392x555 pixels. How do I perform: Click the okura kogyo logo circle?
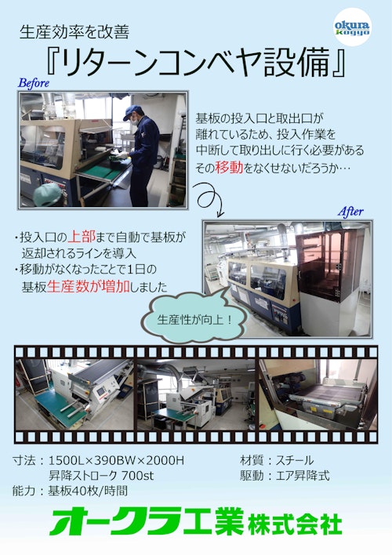tap(352, 27)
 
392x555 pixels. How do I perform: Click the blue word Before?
tap(34, 83)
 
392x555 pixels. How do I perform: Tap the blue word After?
tap(350, 212)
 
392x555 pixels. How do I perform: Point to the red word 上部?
tap(82, 237)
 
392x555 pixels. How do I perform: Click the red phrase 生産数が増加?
tap(88, 286)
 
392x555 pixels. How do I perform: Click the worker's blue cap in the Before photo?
tap(132, 111)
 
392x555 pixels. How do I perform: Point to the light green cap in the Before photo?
tap(48, 194)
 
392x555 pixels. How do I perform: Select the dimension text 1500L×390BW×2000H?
tap(116, 460)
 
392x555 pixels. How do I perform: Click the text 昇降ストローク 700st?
tap(101, 475)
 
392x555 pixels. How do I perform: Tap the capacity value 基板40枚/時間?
tap(88, 491)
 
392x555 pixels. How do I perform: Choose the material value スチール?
tap(295, 460)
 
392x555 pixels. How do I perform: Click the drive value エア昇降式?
tap(303, 475)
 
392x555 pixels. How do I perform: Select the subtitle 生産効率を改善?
tap(74, 32)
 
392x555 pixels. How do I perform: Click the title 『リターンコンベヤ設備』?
tap(196, 62)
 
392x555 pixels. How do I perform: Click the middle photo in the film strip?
tap(196, 394)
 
